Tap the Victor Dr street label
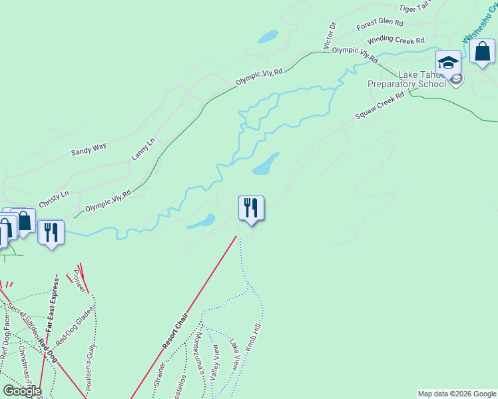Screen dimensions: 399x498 point(330,35)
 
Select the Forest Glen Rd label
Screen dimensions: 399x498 point(379,25)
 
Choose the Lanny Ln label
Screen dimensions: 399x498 point(142,148)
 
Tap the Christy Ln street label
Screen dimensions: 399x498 point(54,197)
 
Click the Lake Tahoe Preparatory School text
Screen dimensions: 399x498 point(407,80)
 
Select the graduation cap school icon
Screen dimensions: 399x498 point(448,63)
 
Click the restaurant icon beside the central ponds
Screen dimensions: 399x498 point(251,208)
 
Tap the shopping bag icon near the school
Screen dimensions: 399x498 point(481,51)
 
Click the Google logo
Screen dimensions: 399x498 point(21,390)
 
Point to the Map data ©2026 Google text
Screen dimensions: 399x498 point(457,394)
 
